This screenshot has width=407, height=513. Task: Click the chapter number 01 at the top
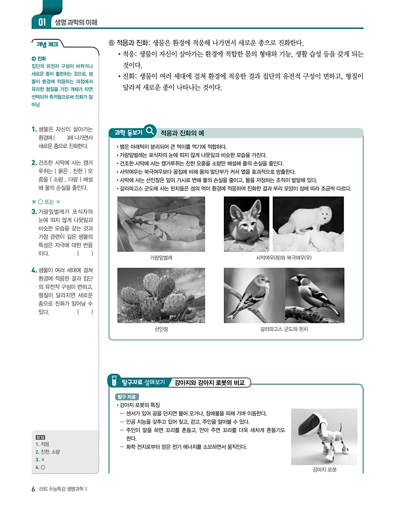tap(42, 22)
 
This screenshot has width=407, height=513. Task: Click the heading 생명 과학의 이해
tap(76, 22)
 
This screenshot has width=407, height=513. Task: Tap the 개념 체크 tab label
tap(47, 44)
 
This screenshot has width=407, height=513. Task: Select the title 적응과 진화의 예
tap(182, 133)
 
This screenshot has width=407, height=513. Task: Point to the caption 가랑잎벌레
tap(161, 258)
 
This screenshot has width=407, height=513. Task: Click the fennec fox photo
tap(246, 224)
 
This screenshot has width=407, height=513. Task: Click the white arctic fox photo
tap(308, 224)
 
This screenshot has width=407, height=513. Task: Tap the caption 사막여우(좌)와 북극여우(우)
tap(284, 258)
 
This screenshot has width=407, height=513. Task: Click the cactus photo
tap(161, 295)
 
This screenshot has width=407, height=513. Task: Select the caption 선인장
tap(161, 329)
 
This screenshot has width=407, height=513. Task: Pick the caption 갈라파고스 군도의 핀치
tap(284, 329)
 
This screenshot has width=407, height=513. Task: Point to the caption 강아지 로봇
tap(324, 470)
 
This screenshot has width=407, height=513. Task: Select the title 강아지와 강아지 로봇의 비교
tap(209, 383)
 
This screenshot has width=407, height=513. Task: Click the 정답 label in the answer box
tap(40, 437)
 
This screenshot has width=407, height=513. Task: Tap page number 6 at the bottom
tap(33, 489)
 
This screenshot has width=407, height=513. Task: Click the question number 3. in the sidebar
tap(34, 212)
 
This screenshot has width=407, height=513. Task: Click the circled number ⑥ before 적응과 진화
tap(112, 43)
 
